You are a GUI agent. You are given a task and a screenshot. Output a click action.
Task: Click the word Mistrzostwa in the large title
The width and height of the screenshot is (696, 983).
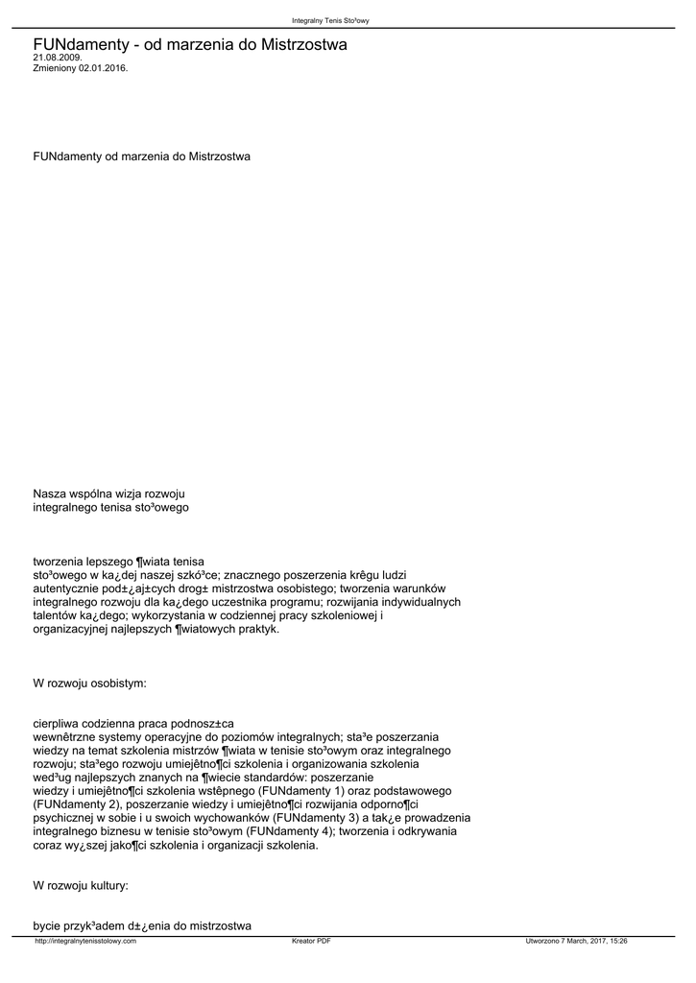(x=303, y=44)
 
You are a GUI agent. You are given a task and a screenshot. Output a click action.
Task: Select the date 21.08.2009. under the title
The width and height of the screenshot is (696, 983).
(x=58, y=58)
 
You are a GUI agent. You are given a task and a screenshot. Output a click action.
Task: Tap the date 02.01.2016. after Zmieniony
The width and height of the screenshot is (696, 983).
(x=103, y=68)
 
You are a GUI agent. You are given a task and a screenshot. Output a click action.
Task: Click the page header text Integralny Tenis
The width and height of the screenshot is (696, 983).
(x=324, y=21)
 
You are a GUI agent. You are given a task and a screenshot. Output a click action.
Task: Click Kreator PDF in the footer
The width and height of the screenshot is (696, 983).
(x=311, y=941)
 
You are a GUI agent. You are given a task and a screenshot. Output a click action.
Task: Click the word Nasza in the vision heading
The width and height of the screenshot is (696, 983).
(x=50, y=493)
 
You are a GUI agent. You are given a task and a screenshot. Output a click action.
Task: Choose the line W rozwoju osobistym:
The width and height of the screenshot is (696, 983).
(x=89, y=683)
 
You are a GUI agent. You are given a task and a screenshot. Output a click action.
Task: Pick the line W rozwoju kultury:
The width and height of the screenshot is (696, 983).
(x=81, y=884)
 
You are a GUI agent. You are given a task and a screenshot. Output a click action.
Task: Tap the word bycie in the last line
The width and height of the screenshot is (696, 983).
(x=47, y=925)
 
